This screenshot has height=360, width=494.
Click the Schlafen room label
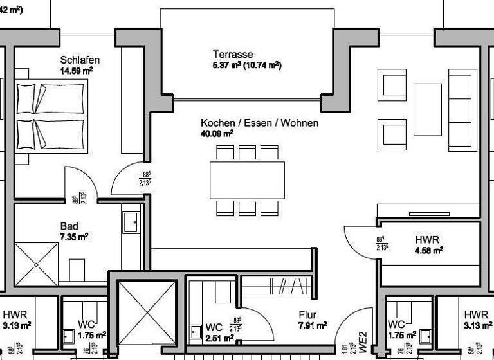pyautogui.click(x=80, y=60)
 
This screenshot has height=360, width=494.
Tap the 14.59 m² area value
pyautogui.click(x=77, y=71)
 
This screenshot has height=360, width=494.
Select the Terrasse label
pyautogui.click(x=233, y=55)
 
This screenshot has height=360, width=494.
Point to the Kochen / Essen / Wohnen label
pyautogui.click(x=259, y=123)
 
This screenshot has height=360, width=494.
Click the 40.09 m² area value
pyautogui.click(x=217, y=134)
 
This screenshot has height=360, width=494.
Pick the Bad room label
pyautogui.click(x=69, y=226)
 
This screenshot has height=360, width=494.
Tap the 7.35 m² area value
pyautogui.click(x=74, y=237)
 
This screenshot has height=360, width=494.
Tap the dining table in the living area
pyautogui.click(x=247, y=180)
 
